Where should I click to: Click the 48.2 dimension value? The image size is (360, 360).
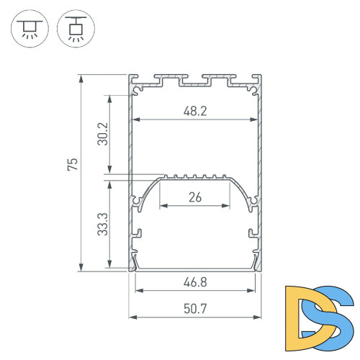195,112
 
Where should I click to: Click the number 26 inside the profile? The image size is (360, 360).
195,197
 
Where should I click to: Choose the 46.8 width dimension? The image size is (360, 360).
195,283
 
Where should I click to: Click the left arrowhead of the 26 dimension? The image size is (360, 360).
161,204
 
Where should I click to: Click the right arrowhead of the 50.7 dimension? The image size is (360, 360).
258,317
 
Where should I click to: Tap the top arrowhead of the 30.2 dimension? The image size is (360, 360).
110,96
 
